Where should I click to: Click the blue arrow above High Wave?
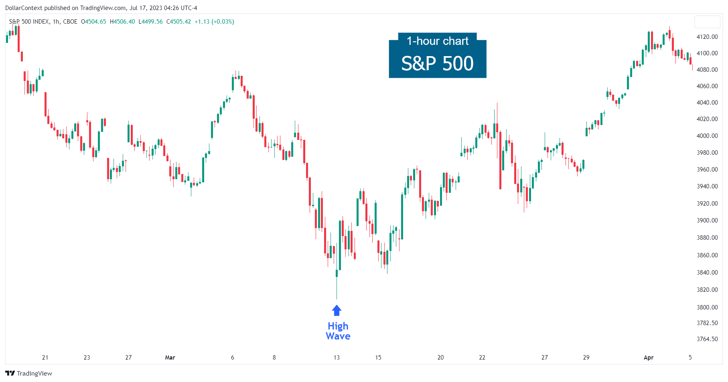[337, 311]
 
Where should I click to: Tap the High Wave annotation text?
[338, 331]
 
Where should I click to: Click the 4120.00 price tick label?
[707, 37]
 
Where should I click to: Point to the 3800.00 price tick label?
[707, 307]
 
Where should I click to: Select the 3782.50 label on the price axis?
[707, 323]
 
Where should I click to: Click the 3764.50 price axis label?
[707, 339]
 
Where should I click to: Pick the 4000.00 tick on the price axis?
[707, 136]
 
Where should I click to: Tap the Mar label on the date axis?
[170, 358]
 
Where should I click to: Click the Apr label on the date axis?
[648, 358]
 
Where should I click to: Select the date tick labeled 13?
[337, 358]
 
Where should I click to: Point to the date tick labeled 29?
[586, 358]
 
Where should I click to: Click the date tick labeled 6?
[233, 358]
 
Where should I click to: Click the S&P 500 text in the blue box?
[437, 63]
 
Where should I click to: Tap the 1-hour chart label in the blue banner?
[437, 41]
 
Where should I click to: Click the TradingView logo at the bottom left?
[29, 374]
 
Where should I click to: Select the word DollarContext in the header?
[23, 8]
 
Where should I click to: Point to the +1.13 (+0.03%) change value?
[214, 22]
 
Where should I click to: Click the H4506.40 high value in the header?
[122, 22]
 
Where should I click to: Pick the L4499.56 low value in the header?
[150, 22]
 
